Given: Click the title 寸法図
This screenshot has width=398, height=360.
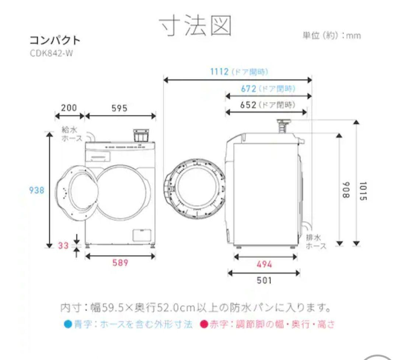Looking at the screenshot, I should [x=196, y=26].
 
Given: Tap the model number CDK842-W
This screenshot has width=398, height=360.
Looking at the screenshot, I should [x=52, y=53].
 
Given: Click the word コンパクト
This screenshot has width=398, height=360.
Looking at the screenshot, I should [x=55, y=40].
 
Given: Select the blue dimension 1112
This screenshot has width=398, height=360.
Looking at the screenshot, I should [x=220, y=71].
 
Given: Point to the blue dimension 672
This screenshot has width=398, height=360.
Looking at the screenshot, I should [x=249, y=89].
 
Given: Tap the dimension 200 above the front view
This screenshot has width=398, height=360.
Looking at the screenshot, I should [x=69, y=107].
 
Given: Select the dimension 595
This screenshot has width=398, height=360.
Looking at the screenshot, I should [x=119, y=108].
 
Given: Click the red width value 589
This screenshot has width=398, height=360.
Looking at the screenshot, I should [x=120, y=263].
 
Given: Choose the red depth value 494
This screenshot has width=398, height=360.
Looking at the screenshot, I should [x=264, y=264].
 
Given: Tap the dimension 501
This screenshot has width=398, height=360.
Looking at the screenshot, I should [x=264, y=280].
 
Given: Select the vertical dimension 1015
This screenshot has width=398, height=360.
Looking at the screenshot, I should [x=363, y=191].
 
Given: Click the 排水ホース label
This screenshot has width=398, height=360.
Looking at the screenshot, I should [x=316, y=242].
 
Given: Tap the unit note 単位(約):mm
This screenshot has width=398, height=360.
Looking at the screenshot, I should [x=331, y=36].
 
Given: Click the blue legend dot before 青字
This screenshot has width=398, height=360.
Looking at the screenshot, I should [x=67, y=324].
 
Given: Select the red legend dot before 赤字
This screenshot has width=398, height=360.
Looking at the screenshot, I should [x=203, y=324].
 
